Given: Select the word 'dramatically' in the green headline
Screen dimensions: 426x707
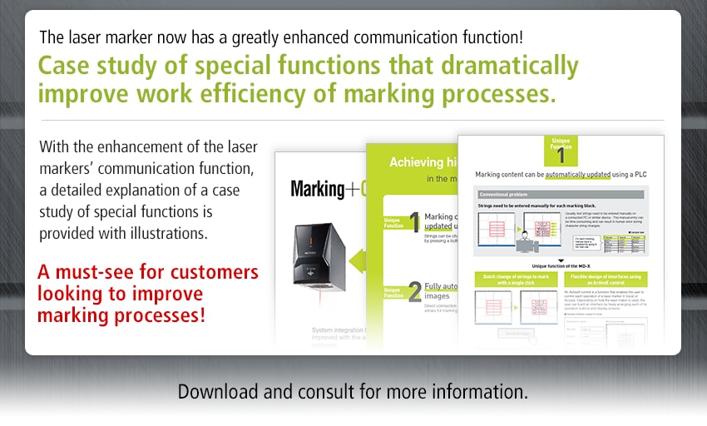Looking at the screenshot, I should coord(495,66).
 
